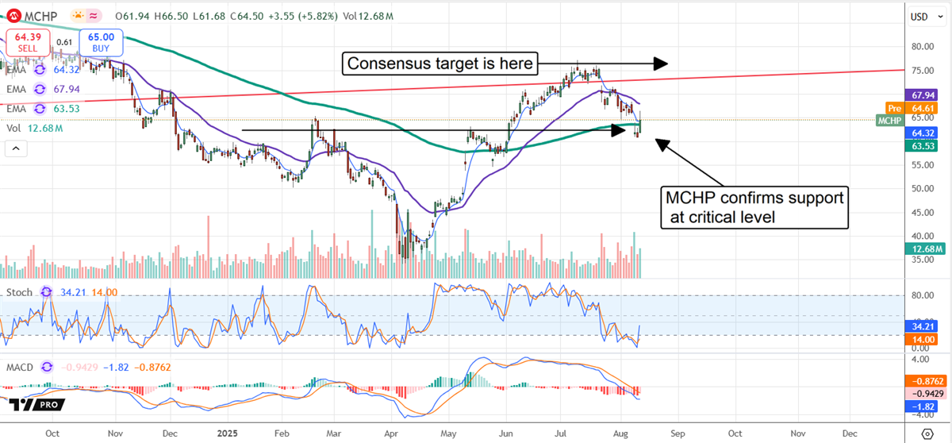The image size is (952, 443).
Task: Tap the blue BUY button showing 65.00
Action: click(x=99, y=41)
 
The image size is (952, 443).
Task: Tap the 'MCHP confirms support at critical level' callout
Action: click(x=754, y=207)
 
